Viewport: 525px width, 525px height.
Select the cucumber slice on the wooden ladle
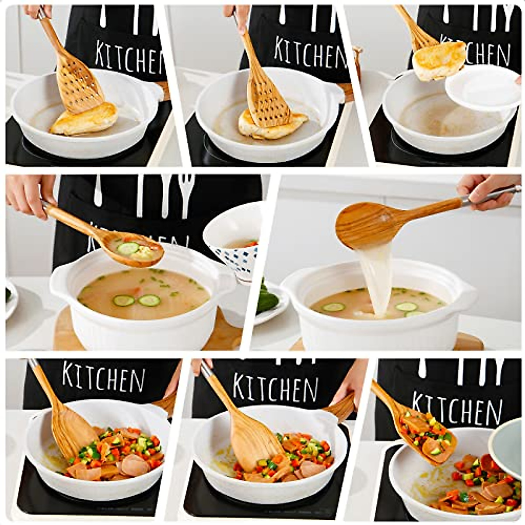128,248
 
